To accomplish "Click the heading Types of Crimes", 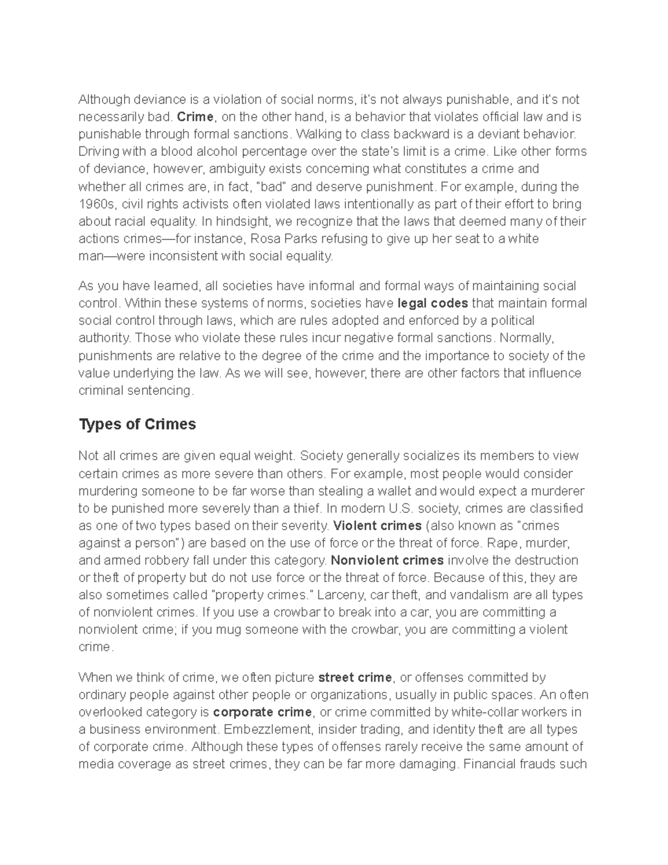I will pyautogui.click(x=137, y=424).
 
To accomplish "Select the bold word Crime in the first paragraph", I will pyautogui.click(x=195, y=117).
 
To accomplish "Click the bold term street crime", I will pyautogui.click(x=355, y=678).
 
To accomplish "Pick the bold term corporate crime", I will pyautogui.click(x=263, y=712).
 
